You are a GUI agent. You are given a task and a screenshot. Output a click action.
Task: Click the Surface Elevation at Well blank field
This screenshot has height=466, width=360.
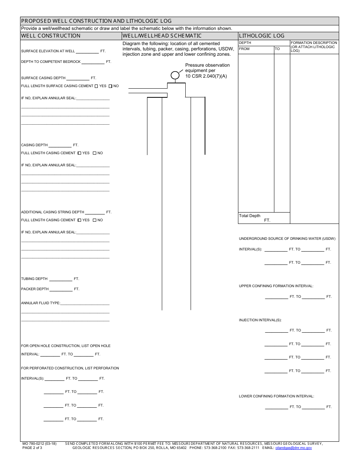[88, 52]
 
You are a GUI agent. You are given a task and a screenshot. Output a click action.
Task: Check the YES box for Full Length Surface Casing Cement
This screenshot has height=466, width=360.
[96, 86]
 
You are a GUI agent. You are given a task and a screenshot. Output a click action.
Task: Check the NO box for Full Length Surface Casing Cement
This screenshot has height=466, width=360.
[110, 86]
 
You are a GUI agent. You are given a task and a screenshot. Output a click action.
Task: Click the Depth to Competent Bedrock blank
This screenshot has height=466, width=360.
[93, 62]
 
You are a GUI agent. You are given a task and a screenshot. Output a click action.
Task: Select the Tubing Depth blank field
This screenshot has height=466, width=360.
[61, 279]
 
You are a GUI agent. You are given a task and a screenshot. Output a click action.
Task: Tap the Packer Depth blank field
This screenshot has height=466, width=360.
[61, 289]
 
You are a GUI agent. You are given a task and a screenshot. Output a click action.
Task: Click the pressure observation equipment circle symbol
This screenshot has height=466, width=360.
[175, 75]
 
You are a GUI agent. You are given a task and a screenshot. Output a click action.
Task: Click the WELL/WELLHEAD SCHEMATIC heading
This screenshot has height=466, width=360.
[162, 36]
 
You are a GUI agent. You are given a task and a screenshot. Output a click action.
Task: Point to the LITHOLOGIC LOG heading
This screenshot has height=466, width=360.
[261, 36]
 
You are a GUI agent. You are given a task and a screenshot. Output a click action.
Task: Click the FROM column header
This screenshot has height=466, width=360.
[244, 49]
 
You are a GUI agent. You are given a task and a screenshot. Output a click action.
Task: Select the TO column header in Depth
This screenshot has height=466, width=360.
[277, 49]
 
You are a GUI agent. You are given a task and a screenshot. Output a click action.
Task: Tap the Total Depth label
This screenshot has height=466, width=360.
[250, 216]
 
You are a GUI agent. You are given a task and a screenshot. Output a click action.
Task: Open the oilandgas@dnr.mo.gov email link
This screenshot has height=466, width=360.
[293, 448]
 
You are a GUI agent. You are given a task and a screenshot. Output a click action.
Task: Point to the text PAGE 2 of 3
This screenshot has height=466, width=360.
[32, 448]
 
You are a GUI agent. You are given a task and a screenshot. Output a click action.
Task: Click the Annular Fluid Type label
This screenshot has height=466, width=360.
[41, 303]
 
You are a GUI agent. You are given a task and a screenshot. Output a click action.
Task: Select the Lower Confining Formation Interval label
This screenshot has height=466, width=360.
[276, 396]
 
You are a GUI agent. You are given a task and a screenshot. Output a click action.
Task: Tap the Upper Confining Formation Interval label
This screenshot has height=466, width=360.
[276, 286]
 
